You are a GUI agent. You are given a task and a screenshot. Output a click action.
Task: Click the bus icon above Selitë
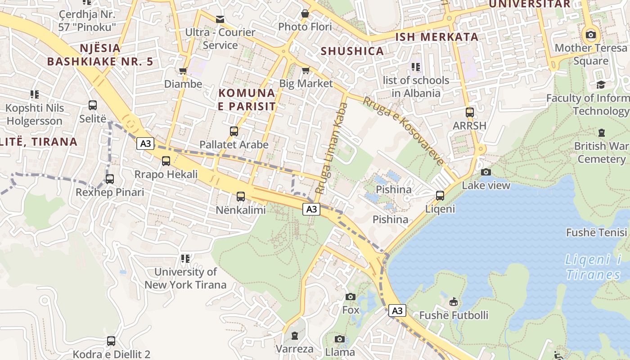tap(93, 105)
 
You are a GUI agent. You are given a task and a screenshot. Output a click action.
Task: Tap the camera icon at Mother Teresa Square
tap(590, 35)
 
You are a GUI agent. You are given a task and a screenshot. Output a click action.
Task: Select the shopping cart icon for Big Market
tap(306, 70)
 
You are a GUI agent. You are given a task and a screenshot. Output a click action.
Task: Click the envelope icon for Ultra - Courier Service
tap(220, 19)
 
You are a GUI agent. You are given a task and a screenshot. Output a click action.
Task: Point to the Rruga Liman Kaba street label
tap(332, 148)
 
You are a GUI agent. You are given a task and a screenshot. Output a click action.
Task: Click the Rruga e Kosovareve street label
tap(404, 130)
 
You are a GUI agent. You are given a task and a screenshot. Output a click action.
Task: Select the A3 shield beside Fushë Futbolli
tap(397, 310)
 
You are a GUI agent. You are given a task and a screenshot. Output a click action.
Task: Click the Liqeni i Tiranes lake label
tap(593, 267)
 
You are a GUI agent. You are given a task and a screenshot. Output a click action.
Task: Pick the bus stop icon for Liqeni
tap(440, 196)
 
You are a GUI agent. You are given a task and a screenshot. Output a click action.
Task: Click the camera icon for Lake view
tap(486, 172)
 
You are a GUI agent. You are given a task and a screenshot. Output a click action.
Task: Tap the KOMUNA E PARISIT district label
tap(247, 99)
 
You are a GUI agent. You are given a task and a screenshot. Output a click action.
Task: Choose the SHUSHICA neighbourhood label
tap(352, 51)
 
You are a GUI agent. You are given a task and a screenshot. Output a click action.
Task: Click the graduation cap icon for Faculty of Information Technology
tap(601, 85)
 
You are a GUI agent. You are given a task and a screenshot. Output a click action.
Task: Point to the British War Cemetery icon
tap(602, 133)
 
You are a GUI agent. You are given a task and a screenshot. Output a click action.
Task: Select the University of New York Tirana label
tap(185, 278)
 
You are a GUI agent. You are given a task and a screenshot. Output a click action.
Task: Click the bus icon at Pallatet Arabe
tap(234, 131)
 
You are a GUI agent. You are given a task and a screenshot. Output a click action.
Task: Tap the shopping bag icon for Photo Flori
tap(305, 13)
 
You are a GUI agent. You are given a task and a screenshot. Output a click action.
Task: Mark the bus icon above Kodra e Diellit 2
tap(111, 341)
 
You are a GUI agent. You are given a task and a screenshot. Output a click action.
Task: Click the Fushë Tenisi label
tap(596, 233)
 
